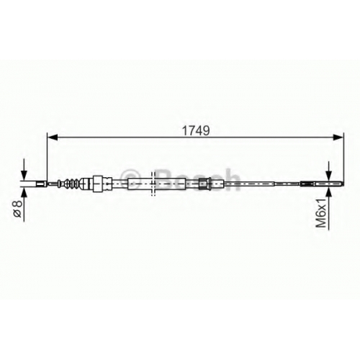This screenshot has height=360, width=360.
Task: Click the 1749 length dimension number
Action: (x=196, y=130)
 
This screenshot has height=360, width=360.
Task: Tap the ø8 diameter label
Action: (x=18, y=209)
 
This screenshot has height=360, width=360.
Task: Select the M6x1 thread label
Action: (x=321, y=213)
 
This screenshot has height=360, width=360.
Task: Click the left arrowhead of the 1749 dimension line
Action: (x=53, y=138)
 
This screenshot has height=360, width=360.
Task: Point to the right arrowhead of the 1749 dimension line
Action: (x=338, y=138)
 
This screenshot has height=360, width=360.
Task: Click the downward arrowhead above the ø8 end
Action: (x=24, y=174)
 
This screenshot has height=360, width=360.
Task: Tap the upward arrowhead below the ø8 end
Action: (x=24, y=193)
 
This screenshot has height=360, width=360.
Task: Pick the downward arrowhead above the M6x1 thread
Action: (x=328, y=175)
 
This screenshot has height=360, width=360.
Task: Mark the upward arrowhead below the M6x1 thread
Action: (x=328, y=193)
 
